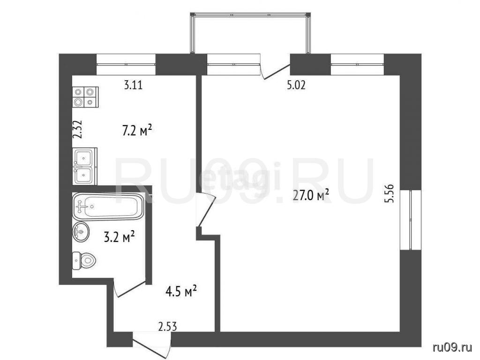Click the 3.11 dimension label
(133, 84)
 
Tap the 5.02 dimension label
(296, 85)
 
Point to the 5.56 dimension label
(390, 193)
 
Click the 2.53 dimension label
(168, 327)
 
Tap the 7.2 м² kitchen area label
(137, 131)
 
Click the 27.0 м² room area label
(311, 195)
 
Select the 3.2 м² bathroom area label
(120, 237)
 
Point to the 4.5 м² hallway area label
(181, 291)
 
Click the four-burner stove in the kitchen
(85, 97)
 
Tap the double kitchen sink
(84, 166)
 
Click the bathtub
(108, 206)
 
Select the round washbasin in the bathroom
(81, 232)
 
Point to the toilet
(84, 261)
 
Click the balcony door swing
(275, 70)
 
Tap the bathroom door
(129, 288)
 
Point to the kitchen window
(126, 64)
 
